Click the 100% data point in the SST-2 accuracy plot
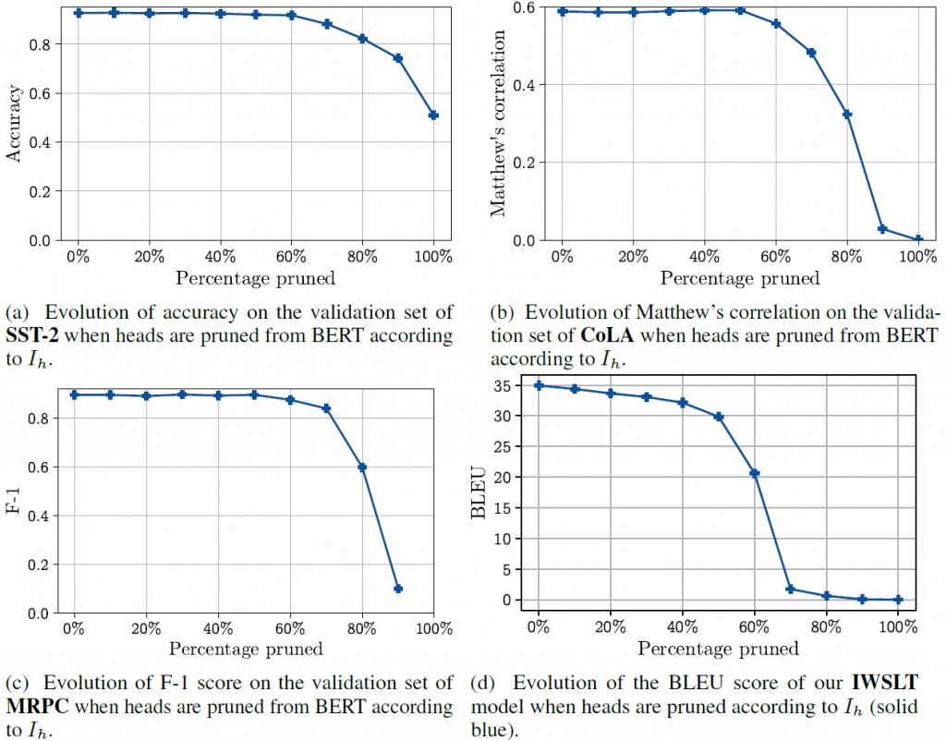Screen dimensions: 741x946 click(x=433, y=115)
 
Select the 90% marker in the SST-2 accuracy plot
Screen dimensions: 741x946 click(x=398, y=58)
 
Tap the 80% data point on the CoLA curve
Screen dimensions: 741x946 click(x=847, y=115)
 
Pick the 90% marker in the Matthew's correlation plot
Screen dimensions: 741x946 click(x=882, y=229)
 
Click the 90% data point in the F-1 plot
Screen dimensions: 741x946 click(x=398, y=589)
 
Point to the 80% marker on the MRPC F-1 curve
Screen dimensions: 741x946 click(x=362, y=468)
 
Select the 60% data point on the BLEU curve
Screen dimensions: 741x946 click(x=755, y=473)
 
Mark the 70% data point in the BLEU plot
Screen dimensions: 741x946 click(x=791, y=589)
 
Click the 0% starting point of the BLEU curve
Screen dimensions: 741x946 click(x=539, y=385)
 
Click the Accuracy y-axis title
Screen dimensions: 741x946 click(x=14, y=124)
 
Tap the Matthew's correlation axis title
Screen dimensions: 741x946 click(x=499, y=124)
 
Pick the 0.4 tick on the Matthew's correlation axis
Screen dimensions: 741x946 click(x=524, y=85)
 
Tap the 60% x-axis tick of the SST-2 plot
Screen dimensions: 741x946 click(x=291, y=256)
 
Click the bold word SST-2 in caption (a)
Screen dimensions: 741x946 click(x=31, y=334)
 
